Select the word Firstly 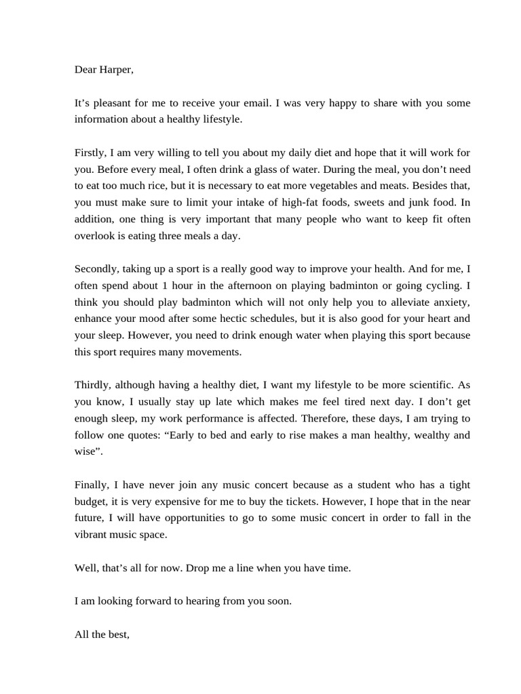pos(92,152)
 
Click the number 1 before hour pos(165,286)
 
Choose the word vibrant pos(92,535)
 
